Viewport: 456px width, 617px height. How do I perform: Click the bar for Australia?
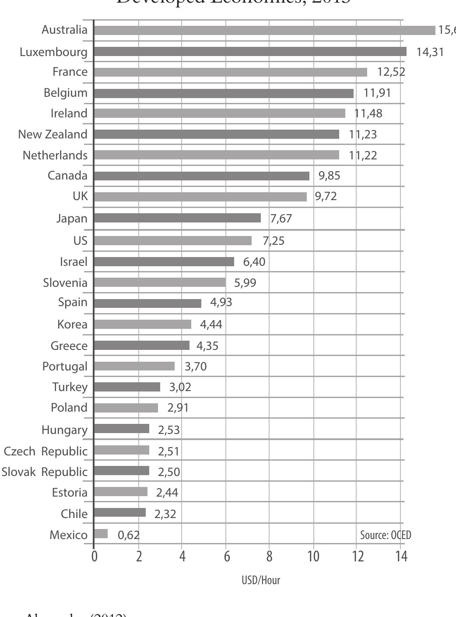coord(264,30)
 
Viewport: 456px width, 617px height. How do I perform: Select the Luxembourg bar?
coord(250,52)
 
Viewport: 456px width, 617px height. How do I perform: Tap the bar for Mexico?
coord(101,534)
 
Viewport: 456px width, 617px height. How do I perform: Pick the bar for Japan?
coord(177,218)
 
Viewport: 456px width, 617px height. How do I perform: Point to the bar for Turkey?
coord(127,387)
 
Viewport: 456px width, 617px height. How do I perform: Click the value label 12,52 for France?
coord(391,72)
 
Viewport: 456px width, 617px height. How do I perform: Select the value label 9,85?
coord(330,176)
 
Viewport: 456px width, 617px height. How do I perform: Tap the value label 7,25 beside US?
coord(274,240)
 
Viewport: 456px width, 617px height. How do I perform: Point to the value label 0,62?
coord(129,535)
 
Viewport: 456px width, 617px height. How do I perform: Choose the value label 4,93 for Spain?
coord(221,302)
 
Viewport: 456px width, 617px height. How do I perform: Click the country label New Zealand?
coord(53,134)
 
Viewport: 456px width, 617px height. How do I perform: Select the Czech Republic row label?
coord(46,451)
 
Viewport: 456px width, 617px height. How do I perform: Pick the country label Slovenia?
coord(65,282)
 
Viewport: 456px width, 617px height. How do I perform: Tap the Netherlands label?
coord(55,155)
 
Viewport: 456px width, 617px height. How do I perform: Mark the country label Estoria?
coord(70,492)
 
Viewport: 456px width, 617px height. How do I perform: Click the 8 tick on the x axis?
coord(269,556)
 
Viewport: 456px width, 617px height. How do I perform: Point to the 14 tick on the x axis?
coord(401,556)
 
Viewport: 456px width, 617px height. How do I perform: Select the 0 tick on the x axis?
coord(95,556)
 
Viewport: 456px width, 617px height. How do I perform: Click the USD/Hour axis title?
coord(261,580)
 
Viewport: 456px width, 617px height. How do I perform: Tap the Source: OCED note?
coord(386,535)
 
